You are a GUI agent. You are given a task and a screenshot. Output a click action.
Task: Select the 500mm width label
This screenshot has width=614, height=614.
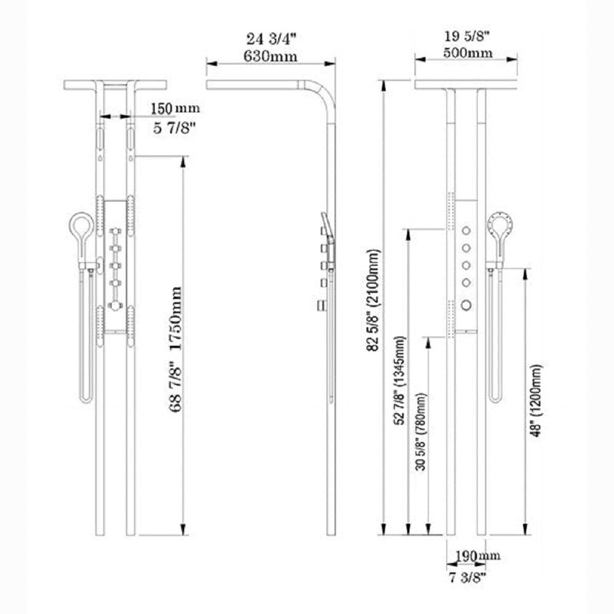coord(467,53)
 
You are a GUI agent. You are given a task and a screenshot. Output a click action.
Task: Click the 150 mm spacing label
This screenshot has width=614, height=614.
coord(176,109)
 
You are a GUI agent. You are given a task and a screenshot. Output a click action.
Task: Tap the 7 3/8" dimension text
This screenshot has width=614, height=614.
coord(466,577)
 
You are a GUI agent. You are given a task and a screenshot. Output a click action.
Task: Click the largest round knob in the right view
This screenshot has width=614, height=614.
coord(467,304)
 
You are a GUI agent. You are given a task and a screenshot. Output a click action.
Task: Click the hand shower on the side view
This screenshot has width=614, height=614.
coord(327,233)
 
